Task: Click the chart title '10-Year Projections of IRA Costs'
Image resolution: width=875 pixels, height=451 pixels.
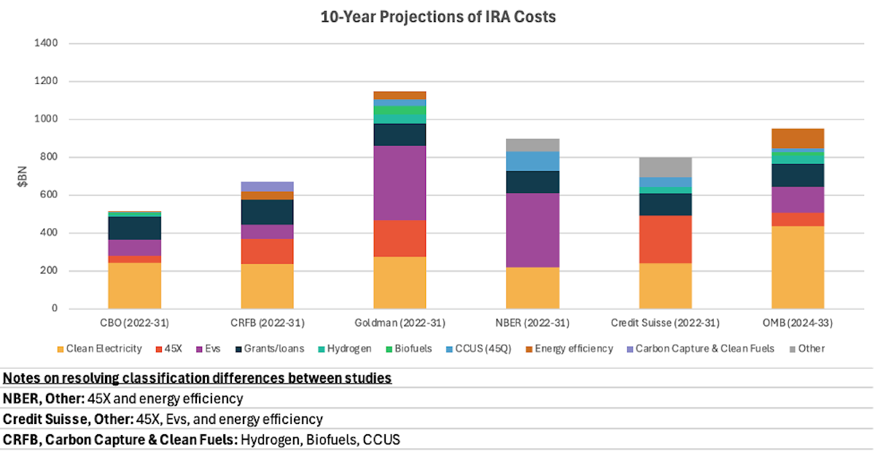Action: (x=438, y=17)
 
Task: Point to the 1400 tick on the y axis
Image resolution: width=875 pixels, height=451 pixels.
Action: (x=46, y=43)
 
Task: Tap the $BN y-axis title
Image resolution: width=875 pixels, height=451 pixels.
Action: (x=23, y=176)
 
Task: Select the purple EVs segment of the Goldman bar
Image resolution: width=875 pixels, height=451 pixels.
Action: (x=400, y=183)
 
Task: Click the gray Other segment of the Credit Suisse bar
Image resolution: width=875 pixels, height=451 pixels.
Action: (x=665, y=168)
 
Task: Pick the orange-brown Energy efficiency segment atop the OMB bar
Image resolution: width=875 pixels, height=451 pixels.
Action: (x=798, y=138)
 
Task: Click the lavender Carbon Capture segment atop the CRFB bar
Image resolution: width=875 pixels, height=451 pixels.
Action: (x=267, y=187)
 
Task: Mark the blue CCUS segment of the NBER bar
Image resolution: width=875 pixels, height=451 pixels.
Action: (x=532, y=161)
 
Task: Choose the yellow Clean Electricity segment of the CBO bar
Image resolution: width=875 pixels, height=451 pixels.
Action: (x=135, y=286)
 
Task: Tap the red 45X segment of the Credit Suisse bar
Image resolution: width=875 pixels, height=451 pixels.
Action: (x=665, y=240)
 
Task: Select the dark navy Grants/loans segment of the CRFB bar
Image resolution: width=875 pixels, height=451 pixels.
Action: (x=267, y=212)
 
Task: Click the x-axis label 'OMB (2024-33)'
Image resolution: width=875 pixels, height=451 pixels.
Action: (x=798, y=323)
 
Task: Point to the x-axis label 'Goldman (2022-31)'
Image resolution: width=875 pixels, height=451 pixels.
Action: (x=400, y=323)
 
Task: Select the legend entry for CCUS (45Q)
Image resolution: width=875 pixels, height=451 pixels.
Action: (x=478, y=349)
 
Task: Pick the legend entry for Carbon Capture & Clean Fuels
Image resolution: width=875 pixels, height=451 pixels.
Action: (x=701, y=349)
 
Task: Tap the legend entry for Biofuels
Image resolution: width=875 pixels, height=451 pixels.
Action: (x=408, y=349)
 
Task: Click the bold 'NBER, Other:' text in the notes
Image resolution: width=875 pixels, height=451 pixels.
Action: (x=44, y=399)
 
